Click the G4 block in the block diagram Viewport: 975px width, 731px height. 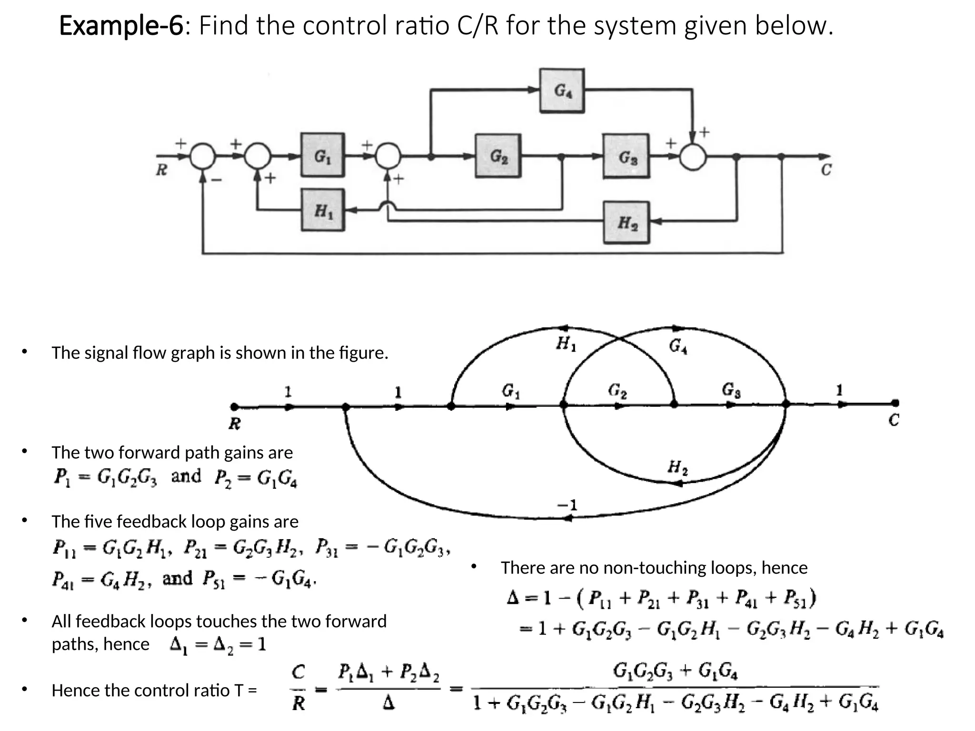[x=562, y=90]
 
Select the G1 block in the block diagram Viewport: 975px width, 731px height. [x=322, y=155]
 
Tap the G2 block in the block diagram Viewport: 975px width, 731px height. [x=498, y=156]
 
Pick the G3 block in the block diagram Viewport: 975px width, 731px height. [x=626, y=156]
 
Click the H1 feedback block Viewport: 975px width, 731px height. [x=323, y=210]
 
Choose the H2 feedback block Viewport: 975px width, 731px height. [x=627, y=222]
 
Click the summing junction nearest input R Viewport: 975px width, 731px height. [x=203, y=156]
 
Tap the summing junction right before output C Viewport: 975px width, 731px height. [x=693, y=157]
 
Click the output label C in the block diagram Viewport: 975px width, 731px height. [x=826, y=169]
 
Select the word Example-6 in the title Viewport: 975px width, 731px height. [x=121, y=26]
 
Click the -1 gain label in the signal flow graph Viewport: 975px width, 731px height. [x=567, y=504]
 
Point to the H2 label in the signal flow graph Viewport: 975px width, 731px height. [x=677, y=467]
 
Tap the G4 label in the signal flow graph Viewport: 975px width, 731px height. [x=678, y=346]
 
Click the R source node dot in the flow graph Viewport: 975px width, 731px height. [x=234, y=407]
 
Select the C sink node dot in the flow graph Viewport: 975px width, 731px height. [x=895, y=403]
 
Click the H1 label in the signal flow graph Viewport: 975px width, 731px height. [x=566, y=344]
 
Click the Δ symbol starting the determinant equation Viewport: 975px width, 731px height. [x=513, y=598]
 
